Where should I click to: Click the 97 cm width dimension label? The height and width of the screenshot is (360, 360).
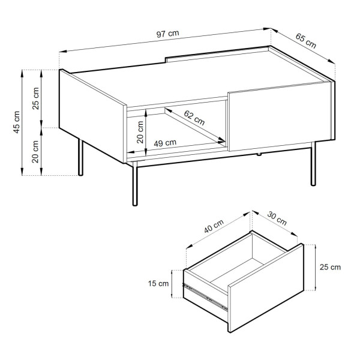tap(167, 34)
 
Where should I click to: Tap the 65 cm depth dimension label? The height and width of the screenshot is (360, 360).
tap(305, 41)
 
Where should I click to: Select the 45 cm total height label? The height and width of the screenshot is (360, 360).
tap(17, 122)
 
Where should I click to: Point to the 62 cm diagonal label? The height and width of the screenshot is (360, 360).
tap(194, 118)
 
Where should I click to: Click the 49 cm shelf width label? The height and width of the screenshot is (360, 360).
tap(165, 143)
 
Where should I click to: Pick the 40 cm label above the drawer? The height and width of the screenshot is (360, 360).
tap(214, 226)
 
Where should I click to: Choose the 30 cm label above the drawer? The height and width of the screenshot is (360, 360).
tap(277, 218)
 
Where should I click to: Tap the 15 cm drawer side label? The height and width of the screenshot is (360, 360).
tap(158, 284)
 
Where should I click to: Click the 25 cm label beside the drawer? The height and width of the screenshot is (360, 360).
tap(330, 267)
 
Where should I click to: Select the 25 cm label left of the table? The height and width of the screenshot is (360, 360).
tap(35, 98)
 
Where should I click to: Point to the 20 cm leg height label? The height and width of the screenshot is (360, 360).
tap(35, 152)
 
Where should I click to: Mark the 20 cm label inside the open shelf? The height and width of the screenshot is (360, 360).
tap(140, 132)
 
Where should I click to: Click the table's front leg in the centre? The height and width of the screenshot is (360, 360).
tap(135, 184)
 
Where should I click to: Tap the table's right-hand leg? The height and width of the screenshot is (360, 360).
tap(313, 164)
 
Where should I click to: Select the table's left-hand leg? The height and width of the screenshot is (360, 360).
tap(80, 157)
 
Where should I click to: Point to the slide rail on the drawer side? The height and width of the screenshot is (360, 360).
tap(205, 297)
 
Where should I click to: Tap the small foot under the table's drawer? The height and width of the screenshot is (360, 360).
tap(259, 154)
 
